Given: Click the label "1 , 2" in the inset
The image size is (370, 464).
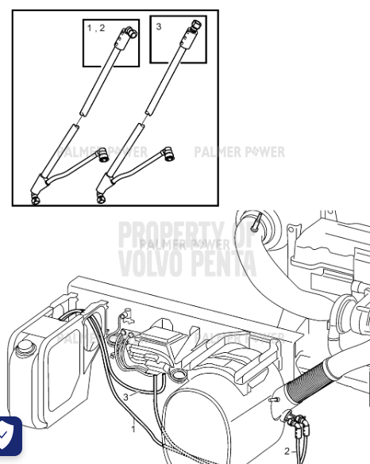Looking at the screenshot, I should (95, 28).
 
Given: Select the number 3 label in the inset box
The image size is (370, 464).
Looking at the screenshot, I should (159, 26).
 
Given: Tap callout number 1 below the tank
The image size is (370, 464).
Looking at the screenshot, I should (133, 429).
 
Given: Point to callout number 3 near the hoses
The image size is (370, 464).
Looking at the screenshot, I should (125, 397).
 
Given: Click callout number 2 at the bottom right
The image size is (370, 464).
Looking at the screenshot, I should (287, 451).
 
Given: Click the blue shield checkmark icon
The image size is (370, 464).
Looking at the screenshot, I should (8, 435).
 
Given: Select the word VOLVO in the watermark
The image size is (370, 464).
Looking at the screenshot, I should (150, 263).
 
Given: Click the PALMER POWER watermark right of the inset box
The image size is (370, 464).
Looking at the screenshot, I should (240, 151).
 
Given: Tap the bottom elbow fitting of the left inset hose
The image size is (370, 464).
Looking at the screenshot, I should (36, 197).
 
